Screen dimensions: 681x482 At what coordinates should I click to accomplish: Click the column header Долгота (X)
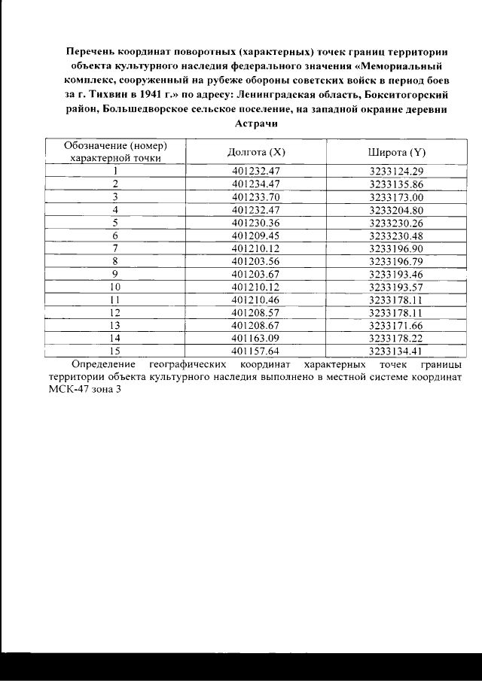click(256, 152)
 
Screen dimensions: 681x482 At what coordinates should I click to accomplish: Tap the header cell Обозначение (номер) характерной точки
click(115, 152)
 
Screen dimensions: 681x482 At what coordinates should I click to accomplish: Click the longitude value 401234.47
click(256, 184)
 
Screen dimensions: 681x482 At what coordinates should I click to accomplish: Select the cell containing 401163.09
click(256, 338)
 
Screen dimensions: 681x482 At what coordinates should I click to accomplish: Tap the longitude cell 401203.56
click(256, 260)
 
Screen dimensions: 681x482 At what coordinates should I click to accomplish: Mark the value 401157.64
click(256, 351)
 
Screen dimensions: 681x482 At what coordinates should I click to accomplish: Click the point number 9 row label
click(115, 273)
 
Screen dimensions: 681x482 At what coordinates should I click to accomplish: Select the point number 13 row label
click(115, 325)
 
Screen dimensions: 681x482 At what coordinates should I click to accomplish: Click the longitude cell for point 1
click(256, 171)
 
